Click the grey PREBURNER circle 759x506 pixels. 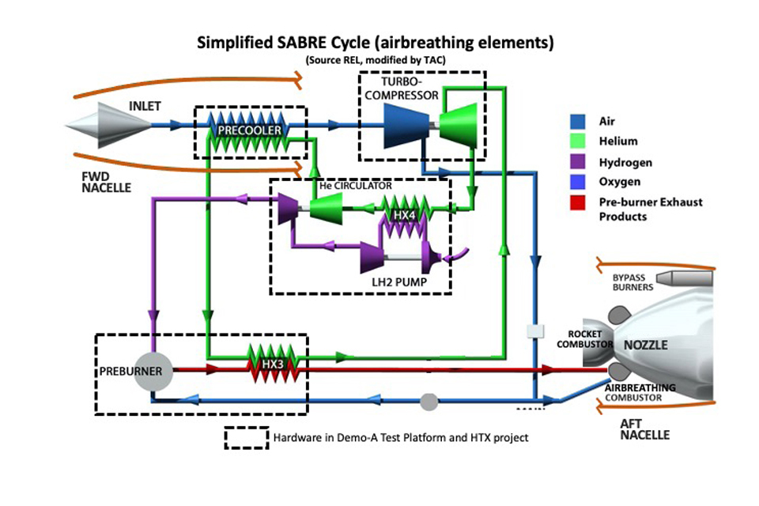point(153,371)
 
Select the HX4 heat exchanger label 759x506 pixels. point(403,214)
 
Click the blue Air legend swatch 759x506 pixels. point(576,122)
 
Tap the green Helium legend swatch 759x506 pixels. point(576,142)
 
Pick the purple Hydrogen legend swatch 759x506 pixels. point(576,162)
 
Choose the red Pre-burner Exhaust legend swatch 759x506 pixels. point(576,202)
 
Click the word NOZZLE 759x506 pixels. point(646,346)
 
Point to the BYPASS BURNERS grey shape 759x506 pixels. point(681,278)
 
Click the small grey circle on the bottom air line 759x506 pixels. point(428,401)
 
